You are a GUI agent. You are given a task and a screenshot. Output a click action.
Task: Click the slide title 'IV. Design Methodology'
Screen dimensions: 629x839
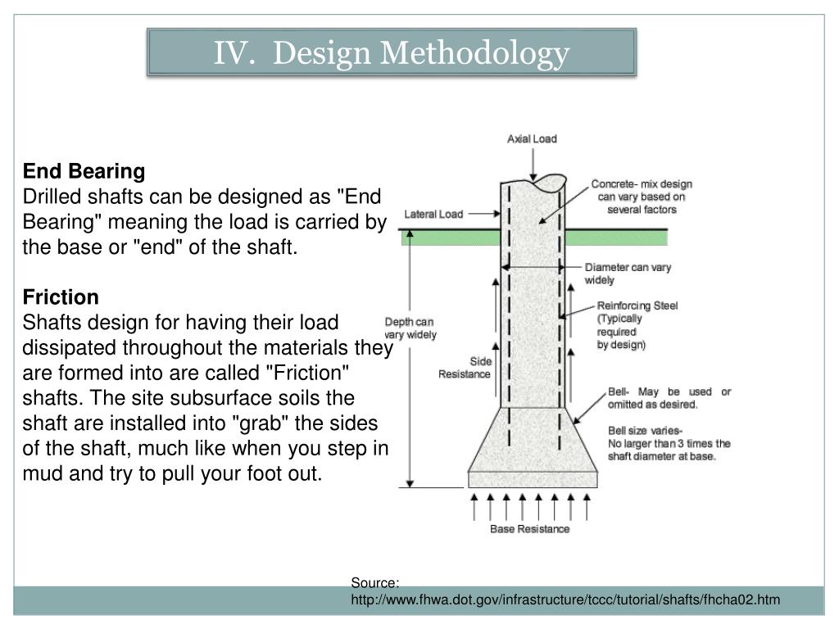point(392,53)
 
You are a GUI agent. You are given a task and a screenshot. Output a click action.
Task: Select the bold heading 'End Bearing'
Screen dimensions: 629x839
point(84,171)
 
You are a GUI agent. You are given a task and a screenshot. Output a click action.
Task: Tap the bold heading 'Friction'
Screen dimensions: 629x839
point(61,296)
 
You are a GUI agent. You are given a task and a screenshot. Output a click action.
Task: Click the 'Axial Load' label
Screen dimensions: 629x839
point(532,138)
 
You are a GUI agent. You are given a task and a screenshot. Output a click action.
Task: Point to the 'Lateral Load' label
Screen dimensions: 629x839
point(433,215)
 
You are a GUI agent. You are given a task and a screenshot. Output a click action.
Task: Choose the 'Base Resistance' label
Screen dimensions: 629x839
point(529,529)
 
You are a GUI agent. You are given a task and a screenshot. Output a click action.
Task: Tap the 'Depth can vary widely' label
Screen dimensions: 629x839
point(410,328)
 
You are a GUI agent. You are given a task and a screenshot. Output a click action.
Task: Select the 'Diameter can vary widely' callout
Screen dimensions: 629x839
point(628,274)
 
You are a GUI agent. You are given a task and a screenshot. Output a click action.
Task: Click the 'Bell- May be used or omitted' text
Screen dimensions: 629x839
point(669,398)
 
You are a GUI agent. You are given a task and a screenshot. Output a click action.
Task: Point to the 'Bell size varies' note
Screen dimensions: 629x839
point(669,443)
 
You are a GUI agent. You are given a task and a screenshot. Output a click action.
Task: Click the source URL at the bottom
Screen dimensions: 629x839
point(565,601)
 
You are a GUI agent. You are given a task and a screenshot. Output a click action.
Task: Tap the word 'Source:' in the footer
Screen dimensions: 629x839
point(375,583)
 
